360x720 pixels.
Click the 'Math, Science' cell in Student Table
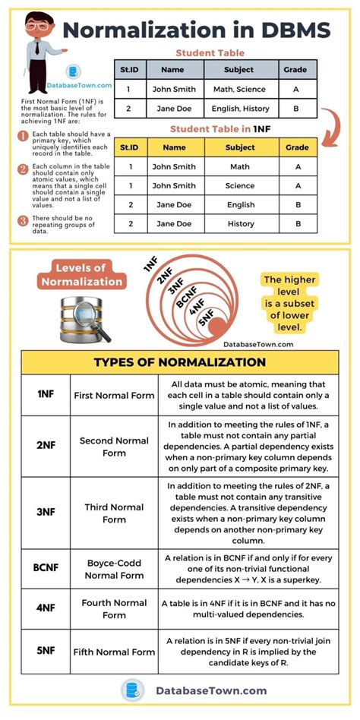click(239, 89)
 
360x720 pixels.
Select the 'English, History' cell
click(239, 109)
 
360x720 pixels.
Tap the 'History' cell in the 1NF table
click(240, 223)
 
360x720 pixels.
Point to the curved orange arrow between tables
click(327, 125)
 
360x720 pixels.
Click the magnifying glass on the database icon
click(96, 327)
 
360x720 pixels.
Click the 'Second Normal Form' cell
click(113, 447)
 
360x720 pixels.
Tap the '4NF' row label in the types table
click(46, 608)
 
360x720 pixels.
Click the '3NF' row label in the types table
click(46, 513)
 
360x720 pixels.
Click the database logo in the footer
click(132, 690)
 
